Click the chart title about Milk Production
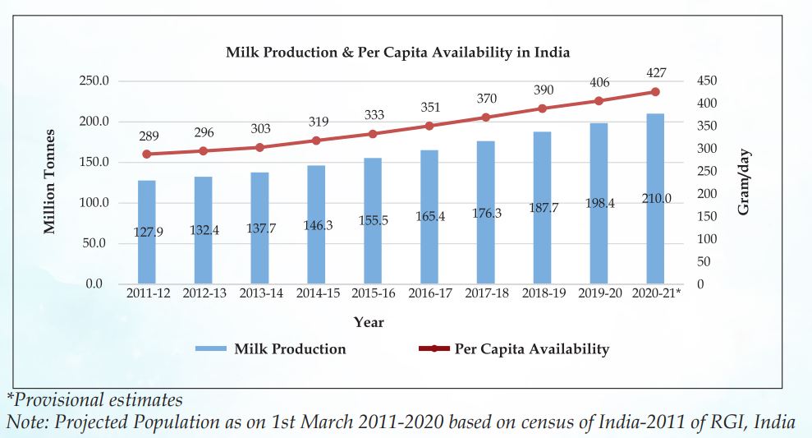coord(398,52)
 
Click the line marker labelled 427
coord(655,92)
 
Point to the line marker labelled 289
coord(146,154)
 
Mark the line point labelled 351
coord(429,126)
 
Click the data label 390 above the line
coord(543,90)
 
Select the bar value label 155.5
coord(373,220)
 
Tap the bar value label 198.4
coord(599,203)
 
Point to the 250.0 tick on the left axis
coord(94,81)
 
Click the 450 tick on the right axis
coord(705,81)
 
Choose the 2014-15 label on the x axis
coord(316,293)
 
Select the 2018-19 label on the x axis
coord(543,293)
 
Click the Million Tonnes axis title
coord(51,182)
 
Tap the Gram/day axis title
coord(744,182)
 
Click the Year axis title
coord(369,322)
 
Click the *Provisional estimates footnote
coord(94,400)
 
